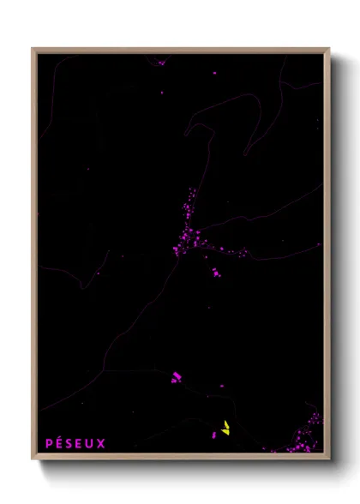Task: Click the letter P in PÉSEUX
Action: (49, 443)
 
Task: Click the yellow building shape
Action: (225, 428)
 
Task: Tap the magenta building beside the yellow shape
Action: (214, 435)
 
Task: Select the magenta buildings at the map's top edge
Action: (160, 61)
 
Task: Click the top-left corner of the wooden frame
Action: (33, 50)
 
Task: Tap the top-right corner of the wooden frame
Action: (328, 50)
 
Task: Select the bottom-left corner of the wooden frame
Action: (33, 459)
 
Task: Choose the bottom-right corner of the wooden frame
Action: (328, 459)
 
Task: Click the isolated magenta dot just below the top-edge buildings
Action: (162, 91)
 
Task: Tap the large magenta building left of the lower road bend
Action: (176, 376)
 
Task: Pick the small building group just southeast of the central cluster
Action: (215, 273)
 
